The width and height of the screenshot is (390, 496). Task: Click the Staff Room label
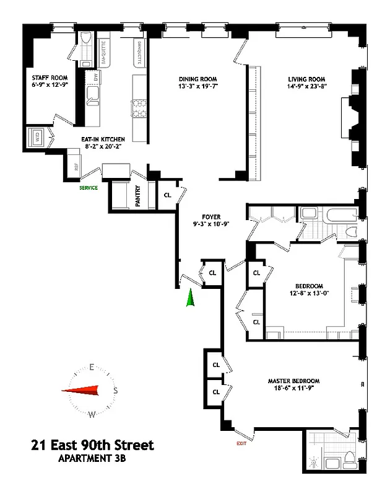pos(49,79)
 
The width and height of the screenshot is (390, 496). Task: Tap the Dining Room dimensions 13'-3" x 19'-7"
pos(199,87)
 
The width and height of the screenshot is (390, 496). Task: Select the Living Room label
pos(306,79)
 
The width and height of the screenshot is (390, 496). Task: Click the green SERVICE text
pos(88,187)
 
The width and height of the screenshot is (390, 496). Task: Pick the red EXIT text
pos(241,443)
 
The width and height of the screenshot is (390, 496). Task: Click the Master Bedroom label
pos(293,381)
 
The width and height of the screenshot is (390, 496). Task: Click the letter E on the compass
pos(91,367)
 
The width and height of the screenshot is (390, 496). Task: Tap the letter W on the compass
pos(92,414)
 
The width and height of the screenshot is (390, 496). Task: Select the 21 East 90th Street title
pos(92,445)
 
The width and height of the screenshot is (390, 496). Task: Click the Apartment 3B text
pos(93,459)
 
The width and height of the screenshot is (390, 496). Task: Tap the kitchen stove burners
pos(136,110)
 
